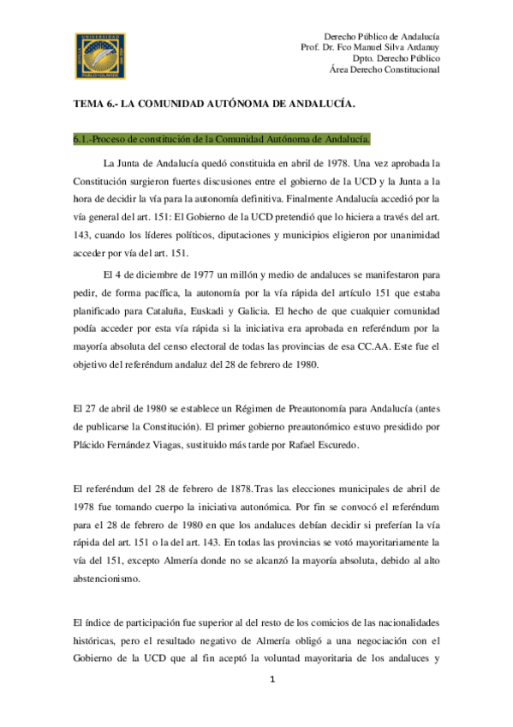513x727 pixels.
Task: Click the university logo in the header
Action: tap(100, 53)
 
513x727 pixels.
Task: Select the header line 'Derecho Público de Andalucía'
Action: tap(382, 37)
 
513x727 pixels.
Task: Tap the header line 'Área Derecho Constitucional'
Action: tap(385, 70)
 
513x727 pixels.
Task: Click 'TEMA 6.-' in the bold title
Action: tap(93, 103)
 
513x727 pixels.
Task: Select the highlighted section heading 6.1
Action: tap(222, 138)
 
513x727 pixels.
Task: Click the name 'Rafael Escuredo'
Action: tap(326, 447)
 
